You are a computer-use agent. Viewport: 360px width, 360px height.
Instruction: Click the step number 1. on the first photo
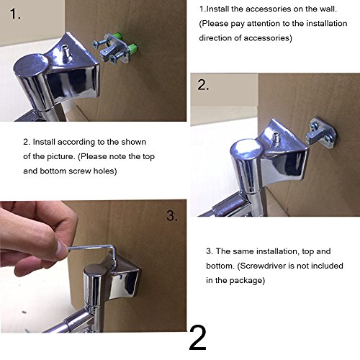click(x=15, y=14)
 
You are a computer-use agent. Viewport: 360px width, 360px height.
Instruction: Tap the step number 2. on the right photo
click(x=203, y=85)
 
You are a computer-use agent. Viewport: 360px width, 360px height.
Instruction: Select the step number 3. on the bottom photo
click(x=172, y=215)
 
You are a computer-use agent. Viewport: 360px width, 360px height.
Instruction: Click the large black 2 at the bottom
click(x=198, y=338)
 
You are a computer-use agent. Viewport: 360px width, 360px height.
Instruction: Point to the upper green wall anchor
click(x=117, y=36)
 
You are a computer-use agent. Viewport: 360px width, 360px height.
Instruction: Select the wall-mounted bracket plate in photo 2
click(x=320, y=132)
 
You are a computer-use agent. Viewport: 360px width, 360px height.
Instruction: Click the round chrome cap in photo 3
click(x=94, y=269)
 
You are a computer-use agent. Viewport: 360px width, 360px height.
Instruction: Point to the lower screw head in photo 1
click(x=113, y=59)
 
